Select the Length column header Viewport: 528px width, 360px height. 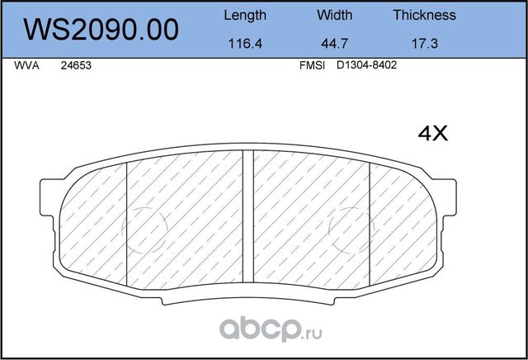click(245, 15)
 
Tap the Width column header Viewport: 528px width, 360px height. click(334, 15)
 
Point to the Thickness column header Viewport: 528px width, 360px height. click(424, 15)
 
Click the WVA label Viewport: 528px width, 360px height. click(26, 69)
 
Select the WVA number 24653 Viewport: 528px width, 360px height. click(76, 69)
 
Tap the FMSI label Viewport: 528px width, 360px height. click(311, 69)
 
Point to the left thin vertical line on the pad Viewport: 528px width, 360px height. click(126, 223)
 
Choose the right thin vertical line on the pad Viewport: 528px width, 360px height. click(369, 223)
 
